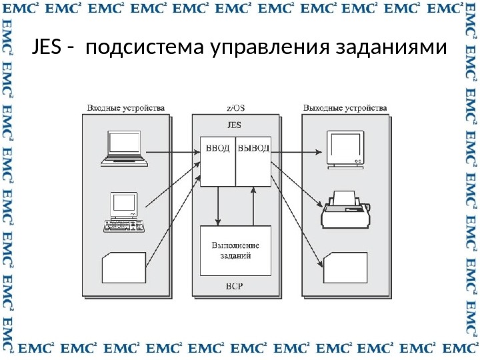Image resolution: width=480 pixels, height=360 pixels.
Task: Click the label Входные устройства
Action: [x=126, y=107]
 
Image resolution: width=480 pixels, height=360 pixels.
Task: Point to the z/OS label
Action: [x=235, y=107]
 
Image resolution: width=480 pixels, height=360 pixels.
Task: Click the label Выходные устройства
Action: [x=345, y=107]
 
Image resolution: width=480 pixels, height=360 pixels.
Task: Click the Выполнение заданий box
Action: [x=235, y=250]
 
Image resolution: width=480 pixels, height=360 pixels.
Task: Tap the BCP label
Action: [x=235, y=287]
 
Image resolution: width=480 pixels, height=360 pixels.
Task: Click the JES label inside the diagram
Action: [x=235, y=125]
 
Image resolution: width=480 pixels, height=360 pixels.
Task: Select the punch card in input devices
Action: [x=124, y=267]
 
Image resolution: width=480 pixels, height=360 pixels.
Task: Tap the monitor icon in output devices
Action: [x=345, y=149]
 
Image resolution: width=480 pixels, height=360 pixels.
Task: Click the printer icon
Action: [x=346, y=208]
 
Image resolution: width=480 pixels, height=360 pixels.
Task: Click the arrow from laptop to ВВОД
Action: [x=173, y=153]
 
